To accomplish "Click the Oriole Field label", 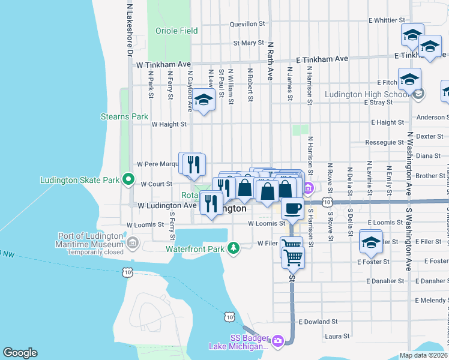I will (x=176, y=31).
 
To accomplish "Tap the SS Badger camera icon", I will (x=277, y=341).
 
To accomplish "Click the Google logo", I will (x=20, y=353).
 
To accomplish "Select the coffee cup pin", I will (x=292, y=208).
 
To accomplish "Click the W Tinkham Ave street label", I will (x=163, y=64).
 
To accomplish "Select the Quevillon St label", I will (x=247, y=24).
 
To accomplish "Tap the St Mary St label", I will (x=249, y=43).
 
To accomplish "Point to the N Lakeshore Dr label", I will (x=129, y=30).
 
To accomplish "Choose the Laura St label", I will (x=336, y=337).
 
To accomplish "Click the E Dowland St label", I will (x=327, y=322).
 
